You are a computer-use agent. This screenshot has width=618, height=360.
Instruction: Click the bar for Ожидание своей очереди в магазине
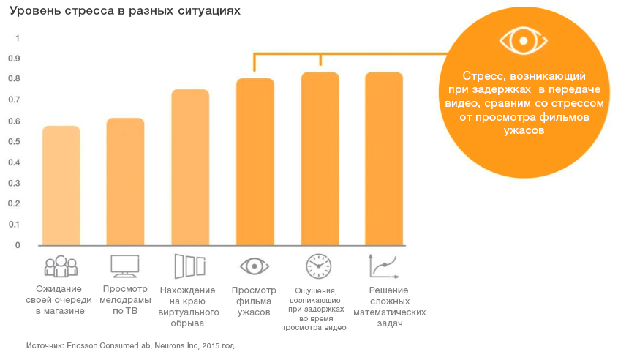pyautogui.click(x=61, y=186)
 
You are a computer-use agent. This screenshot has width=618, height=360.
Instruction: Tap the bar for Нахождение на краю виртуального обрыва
pyautogui.click(x=189, y=168)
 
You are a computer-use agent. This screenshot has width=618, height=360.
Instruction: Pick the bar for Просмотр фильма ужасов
pyautogui.click(x=255, y=162)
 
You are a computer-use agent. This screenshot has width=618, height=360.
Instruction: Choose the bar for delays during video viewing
pyautogui.click(x=320, y=159)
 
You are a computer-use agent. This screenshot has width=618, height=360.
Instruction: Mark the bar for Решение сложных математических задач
pyautogui.click(x=384, y=159)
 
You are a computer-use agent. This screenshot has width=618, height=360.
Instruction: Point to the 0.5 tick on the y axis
pyautogui.click(x=18, y=141)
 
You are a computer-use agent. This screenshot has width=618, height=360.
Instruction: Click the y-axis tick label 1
pyautogui.click(x=18, y=38)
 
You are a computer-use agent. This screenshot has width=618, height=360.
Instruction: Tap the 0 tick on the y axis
pyautogui.click(x=18, y=245)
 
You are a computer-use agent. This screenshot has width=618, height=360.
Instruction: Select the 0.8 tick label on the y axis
pyautogui.click(x=18, y=79)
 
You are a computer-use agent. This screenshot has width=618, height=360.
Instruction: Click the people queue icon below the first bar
pyautogui.click(x=61, y=266)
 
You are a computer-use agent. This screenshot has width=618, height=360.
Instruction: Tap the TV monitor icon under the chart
pyautogui.click(x=124, y=266)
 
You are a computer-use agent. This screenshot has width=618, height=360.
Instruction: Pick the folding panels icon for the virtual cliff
pyautogui.click(x=189, y=266)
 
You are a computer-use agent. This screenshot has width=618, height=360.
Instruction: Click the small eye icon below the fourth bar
pyautogui.click(x=255, y=266)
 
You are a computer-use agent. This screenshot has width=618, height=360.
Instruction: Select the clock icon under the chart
pyautogui.click(x=319, y=266)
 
